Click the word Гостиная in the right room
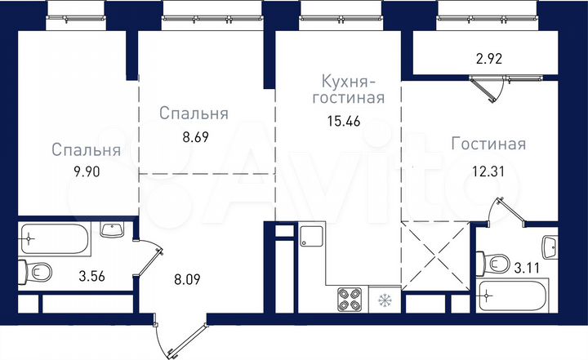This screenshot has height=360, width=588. click(x=488, y=144)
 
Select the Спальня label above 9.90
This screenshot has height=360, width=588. click(x=87, y=150)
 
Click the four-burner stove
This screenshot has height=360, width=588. click(x=350, y=300)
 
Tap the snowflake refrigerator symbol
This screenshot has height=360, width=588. click(x=382, y=301)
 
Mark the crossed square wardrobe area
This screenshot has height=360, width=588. click(x=437, y=252)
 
